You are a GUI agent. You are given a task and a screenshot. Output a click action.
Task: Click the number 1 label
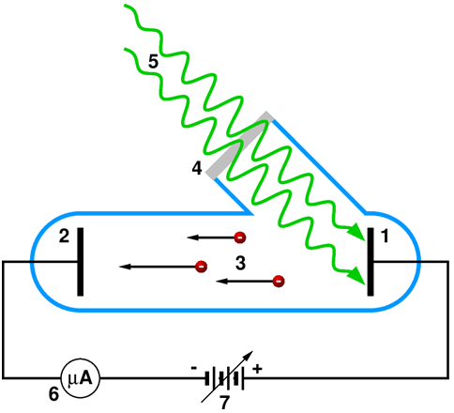(x=385, y=236)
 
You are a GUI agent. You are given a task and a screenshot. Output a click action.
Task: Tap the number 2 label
(x=64, y=236)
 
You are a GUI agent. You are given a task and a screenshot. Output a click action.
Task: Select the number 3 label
(x=240, y=263)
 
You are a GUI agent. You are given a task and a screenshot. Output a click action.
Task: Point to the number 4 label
(x=197, y=169)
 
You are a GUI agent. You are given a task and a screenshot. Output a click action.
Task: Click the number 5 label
(x=153, y=61)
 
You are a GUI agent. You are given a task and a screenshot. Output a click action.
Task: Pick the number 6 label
(x=53, y=394)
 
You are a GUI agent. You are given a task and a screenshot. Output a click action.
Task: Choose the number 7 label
(x=224, y=402)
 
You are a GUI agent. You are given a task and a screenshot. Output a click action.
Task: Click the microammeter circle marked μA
(x=81, y=378)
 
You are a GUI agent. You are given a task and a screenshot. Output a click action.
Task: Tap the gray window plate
(x=239, y=145)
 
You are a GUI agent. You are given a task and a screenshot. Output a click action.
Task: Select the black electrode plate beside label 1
(x=371, y=262)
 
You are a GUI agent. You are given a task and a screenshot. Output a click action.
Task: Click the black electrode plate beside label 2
(x=81, y=262)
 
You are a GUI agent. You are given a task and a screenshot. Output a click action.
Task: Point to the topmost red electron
(x=240, y=237)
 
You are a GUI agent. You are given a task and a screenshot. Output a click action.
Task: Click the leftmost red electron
(x=201, y=267)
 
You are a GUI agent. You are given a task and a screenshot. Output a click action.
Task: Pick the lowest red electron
(x=279, y=281)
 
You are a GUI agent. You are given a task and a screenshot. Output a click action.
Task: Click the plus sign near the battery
(x=257, y=369)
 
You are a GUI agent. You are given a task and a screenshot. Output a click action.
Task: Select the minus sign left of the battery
(x=194, y=368)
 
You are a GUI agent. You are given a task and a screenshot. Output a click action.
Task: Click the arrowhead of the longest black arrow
(x=125, y=267)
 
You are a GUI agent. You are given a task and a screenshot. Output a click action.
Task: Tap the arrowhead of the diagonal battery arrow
(x=249, y=355)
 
